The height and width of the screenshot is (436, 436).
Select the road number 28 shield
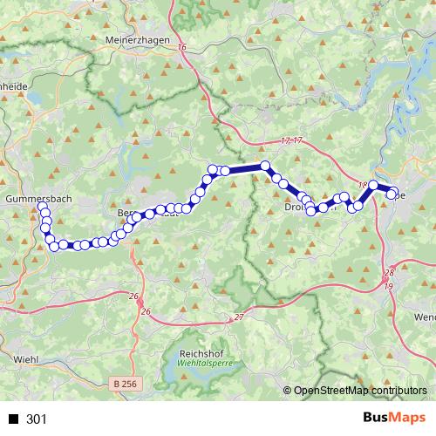[x=388, y=274]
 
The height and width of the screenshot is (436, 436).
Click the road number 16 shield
[x=181, y=49]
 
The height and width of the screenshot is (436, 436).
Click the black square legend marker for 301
[x=13, y=419]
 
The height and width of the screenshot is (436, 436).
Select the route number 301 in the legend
[x=37, y=419]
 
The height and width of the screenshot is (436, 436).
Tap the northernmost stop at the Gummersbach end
[x=43, y=208]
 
